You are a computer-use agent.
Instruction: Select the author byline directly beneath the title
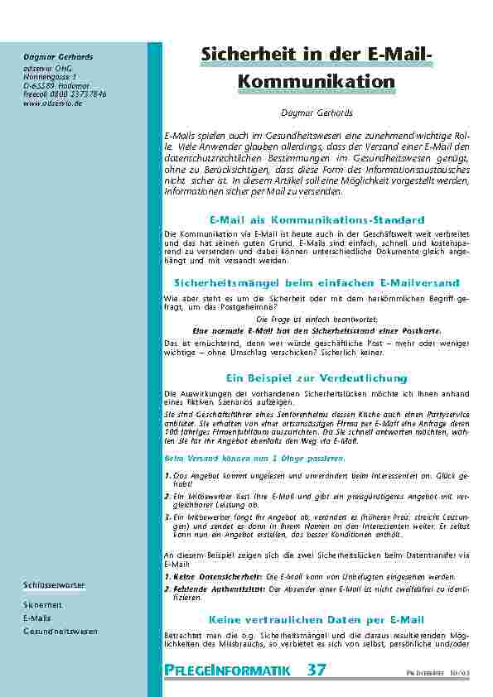[317, 113]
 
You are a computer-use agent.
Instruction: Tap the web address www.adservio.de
[53, 103]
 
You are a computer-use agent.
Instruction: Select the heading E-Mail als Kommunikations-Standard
[317, 219]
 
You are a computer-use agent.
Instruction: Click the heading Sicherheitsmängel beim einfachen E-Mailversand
[317, 283]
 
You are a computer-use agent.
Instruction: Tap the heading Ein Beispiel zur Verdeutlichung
[317, 377]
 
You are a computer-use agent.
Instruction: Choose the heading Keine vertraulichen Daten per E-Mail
[317, 619]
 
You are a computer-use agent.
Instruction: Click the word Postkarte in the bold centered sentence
[420, 329]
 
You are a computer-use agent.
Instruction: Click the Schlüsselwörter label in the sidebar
[54, 585]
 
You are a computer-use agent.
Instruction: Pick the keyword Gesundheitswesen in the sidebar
[60, 631]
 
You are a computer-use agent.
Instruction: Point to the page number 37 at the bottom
[317, 670]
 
